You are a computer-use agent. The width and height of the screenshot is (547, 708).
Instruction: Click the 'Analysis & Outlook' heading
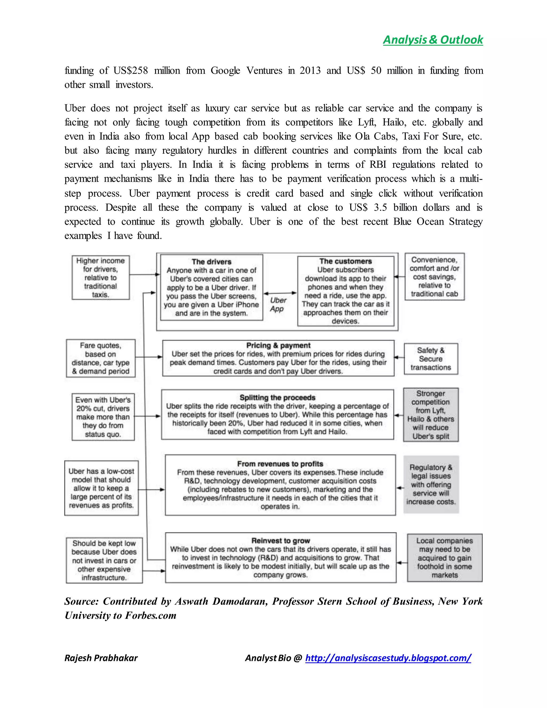433,40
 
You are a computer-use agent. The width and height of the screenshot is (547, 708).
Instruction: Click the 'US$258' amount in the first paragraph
130,70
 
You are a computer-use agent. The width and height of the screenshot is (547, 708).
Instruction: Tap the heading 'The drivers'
211,262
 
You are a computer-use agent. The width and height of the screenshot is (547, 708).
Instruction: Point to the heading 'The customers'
345,261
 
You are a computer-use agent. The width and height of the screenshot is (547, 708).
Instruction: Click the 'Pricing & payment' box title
278,345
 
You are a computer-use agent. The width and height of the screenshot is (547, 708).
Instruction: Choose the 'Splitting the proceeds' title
278,398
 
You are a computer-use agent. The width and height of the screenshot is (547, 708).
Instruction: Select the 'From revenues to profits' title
280,464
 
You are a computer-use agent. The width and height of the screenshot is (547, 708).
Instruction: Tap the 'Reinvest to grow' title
281,540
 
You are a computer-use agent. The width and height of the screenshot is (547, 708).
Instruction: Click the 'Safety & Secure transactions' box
431,359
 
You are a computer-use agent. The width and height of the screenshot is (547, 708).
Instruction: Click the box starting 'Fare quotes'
100,358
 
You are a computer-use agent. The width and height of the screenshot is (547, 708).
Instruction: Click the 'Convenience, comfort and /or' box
434,277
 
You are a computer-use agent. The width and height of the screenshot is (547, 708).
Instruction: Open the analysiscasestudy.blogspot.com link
388,658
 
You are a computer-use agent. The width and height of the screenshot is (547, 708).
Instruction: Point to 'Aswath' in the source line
191,601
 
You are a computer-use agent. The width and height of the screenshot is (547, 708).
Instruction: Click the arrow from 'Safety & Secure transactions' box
399,357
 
